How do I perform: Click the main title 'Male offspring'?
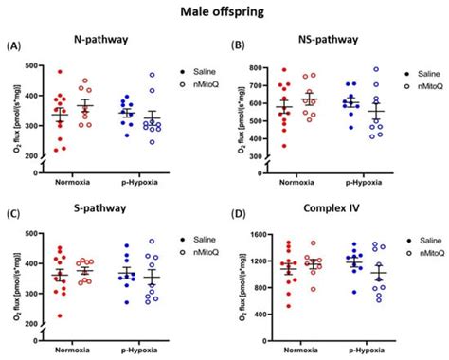pyautogui.click(x=224, y=12)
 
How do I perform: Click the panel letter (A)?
pyautogui.click(x=15, y=45)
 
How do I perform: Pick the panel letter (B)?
pyautogui.click(x=237, y=45)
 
